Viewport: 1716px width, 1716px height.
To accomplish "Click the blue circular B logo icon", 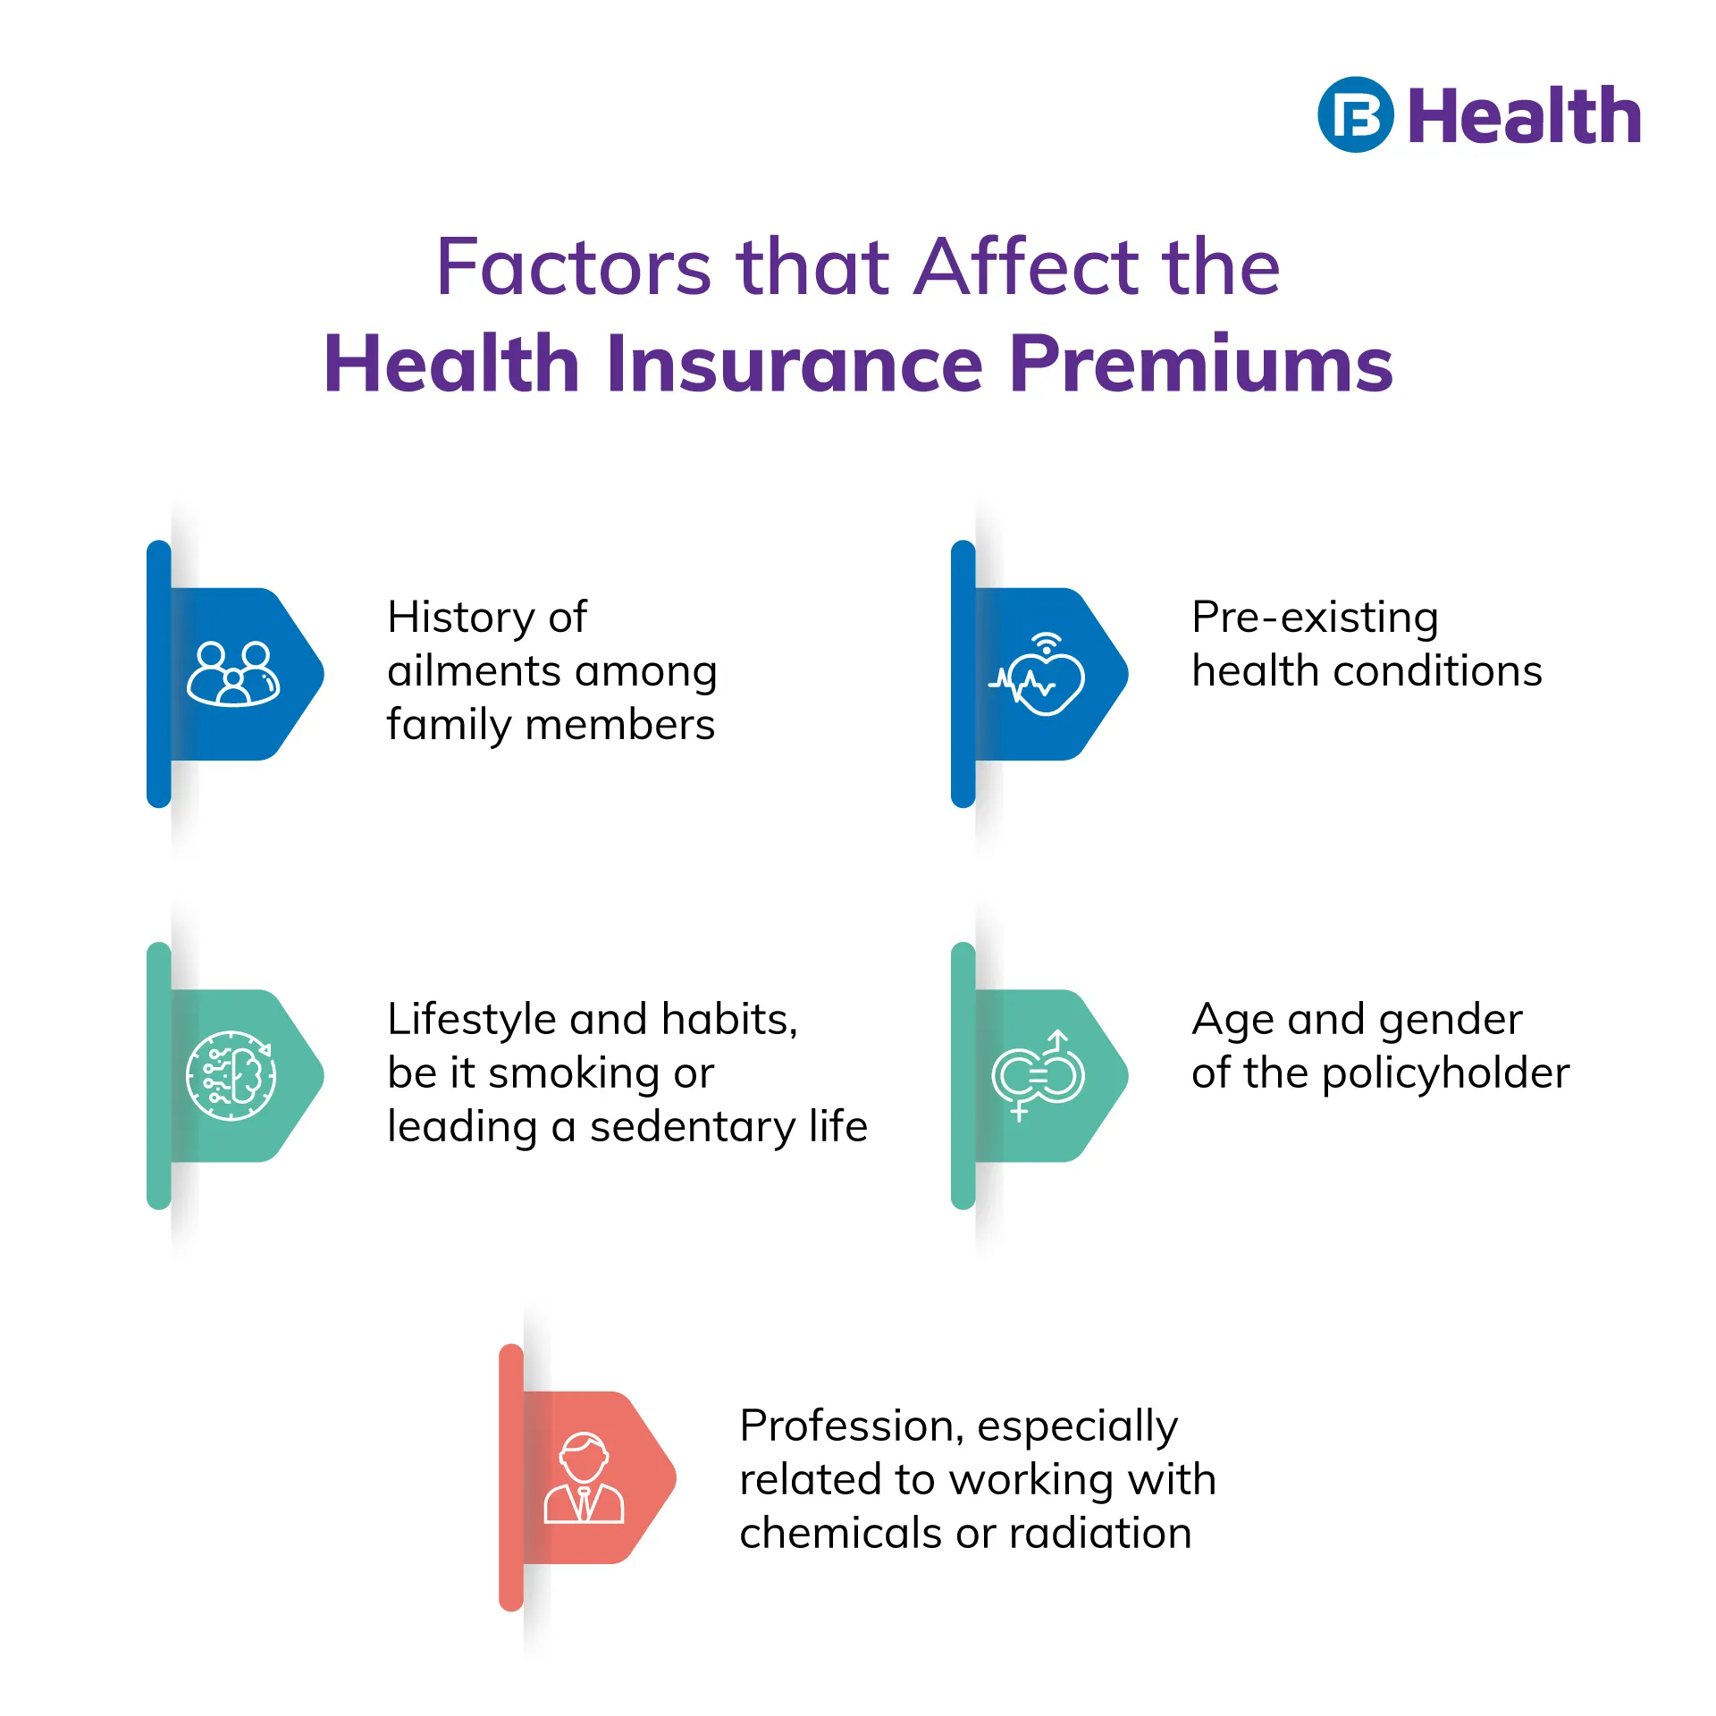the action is [x=1355, y=114].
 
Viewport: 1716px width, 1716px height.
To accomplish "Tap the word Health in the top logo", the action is [x=1525, y=115].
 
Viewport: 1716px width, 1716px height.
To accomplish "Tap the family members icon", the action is [x=233, y=674].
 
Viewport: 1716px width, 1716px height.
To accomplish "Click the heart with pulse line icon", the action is [x=1038, y=674].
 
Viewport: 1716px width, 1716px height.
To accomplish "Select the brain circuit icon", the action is [x=231, y=1075].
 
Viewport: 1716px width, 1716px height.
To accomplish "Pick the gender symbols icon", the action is [x=1038, y=1075].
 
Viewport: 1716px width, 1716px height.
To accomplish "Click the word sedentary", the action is [x=693, y=1126].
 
